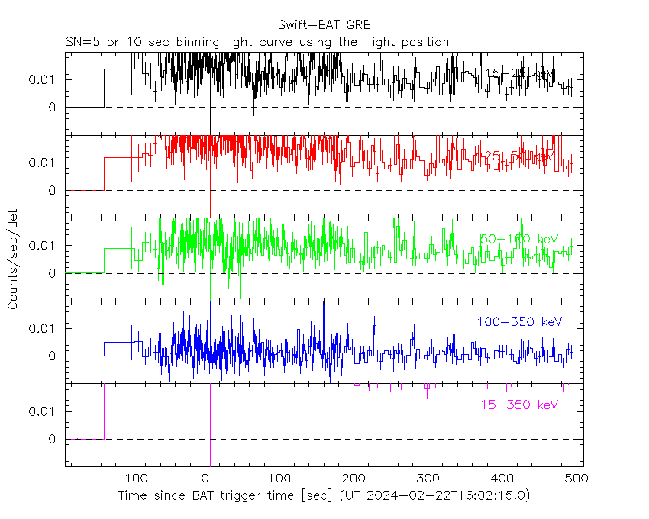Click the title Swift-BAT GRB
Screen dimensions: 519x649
(x=324, y=24)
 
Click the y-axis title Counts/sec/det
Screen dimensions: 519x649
(x=13, y=261)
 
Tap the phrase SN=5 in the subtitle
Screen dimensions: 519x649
(x=79, y=42)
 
